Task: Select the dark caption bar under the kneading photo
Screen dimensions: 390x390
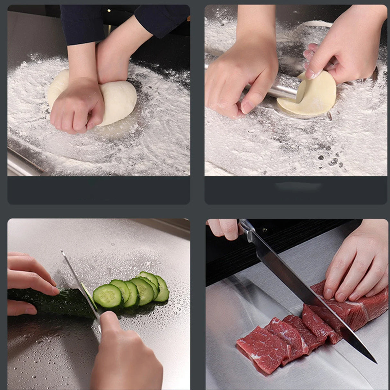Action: pos(99,190)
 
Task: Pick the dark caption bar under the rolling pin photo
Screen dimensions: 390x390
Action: pos(296,190)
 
